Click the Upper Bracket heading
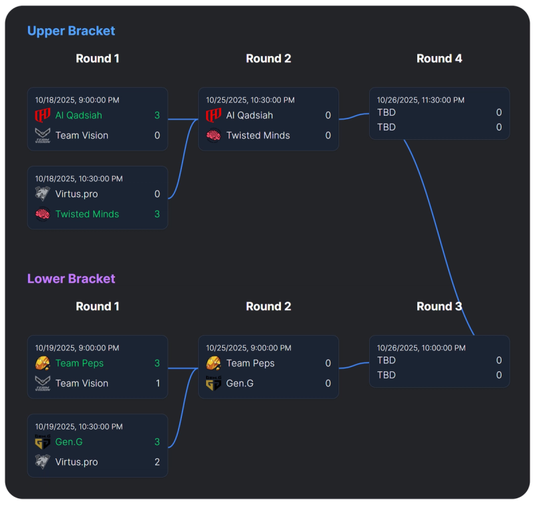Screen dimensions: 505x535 click(x=71, y=31)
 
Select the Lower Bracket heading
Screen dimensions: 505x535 click(x=71, y=279)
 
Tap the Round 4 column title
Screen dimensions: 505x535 click(x=439, y=59)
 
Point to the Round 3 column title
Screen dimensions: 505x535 click(x=439, y=306)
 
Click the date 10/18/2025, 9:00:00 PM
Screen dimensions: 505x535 click(x=77, y=100)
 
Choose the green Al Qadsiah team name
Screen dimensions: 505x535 click(x=78, y=115)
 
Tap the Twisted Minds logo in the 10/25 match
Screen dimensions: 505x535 click(x=213, y=135)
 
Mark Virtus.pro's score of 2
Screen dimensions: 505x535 click(x=157, y=462)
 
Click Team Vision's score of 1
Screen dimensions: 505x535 click(x=157, y=383)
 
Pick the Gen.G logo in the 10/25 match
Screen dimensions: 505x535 click(x=213, y=384)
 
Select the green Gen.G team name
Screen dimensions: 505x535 click(x=70, y=442)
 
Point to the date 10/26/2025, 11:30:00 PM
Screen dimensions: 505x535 click(x=421, y=100)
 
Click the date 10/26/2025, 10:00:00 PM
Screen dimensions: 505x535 click(x=421, y=348)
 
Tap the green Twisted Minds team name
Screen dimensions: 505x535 click(x=87, y=214)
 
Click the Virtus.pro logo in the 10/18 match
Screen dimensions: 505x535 click(x=43, y=194)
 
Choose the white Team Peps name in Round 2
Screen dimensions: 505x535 click(x=250, y=363)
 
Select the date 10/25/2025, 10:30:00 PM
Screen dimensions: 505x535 click(x=249, y=100)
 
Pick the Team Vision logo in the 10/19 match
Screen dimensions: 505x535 click(x=43, y=383)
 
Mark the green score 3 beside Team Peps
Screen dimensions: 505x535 click(x=157, y=363)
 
